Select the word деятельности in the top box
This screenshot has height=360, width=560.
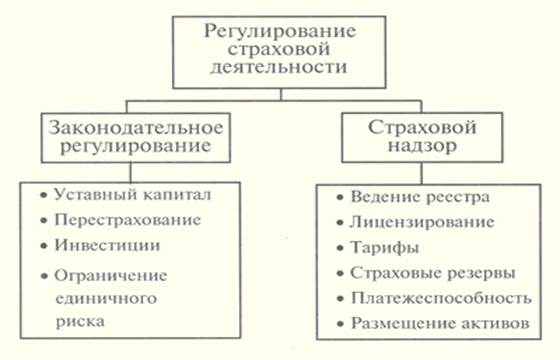pyautogui.click(x=279, y=68)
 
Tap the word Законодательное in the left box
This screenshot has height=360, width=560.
pyautogui.click(x=136, y=128)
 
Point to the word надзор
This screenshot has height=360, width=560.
pyautogui.click(x=422, y=146)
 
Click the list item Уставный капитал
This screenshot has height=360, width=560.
pyautogui.click(x=132, y=195)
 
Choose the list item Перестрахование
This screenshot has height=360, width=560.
pyautogui.click(x=128, y=220)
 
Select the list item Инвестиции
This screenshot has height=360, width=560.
pyautogui.click(x=107, y=246)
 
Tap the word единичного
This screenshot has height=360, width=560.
pyautogui.click(x=106, y=299)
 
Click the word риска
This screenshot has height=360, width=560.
pyautogui.click(x=80, y=322)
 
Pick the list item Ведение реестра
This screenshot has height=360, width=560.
pyautogui.click(x=420, y=197)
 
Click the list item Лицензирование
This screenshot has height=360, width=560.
pyautogui.click(x=422, y=222)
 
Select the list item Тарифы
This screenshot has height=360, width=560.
pyautogui.click(x=385, y=248)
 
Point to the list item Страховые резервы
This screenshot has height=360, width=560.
pyautogui.click(x=432, y=274)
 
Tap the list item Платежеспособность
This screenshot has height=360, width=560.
pyautogui.click(x=441, y=299)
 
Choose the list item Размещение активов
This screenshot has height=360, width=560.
pyautogui.click(x=440, y=324)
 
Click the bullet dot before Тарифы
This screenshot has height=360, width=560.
pyautogui.click(x=340, y=248)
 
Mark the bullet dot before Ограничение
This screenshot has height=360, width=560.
pyautogui.click(x=44, y=276)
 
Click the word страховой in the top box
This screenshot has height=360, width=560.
pyautogui.click(x=279, y=50)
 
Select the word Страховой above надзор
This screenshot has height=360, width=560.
pyautogui.click(x=422, y=128)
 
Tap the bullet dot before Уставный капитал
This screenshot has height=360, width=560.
pyautogui.click(x=44, y=196)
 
